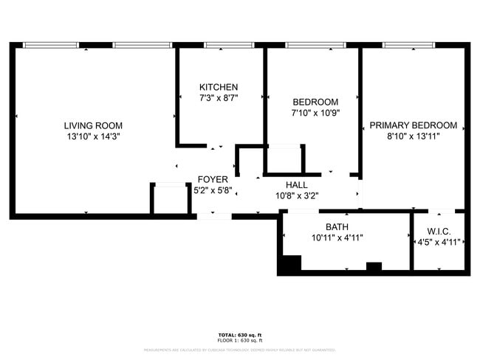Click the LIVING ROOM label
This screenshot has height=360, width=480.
pyautogui.click(x=93, y=125)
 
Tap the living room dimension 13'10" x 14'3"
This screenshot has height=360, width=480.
pyautogui.click(x=93, y=136)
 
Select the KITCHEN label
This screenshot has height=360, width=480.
pyautogui.click(x=219, y=87)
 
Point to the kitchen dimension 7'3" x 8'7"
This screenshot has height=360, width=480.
pyautogui.click(x=219, y=98)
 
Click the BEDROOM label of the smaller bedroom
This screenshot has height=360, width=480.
pyautogui.click(x=315, y=102)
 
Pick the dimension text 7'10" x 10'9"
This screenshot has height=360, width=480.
pyautogui.click(x=315, y=113)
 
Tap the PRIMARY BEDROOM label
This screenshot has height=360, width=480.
pyautogui.click(x=414, y=125)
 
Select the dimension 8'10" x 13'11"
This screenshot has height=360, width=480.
pyautogui.click(x=414, y=136)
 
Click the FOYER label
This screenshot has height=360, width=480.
pyautogui.click(x=212, y=179)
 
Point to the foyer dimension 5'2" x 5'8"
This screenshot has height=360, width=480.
pyautogui.click(x=213, y=190)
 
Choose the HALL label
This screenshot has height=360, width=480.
pyautogui.click(x=297, y=186)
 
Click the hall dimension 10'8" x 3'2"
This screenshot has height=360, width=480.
pyautogui.click(x=297, y=196)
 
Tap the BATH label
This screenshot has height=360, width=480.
pyautogui.click(x=337, y=227)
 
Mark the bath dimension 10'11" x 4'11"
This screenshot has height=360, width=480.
pyautogui.click(x=337, y=238)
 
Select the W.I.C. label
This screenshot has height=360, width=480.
pyautogui.click(x=439, y=231)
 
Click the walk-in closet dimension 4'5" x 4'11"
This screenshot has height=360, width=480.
pyautogui.click(x=439, y=242)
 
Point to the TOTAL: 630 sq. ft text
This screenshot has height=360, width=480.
pyautogui.click(x=239, y=334)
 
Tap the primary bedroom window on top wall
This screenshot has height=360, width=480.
pyautogui.click(x=411, y=45)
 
